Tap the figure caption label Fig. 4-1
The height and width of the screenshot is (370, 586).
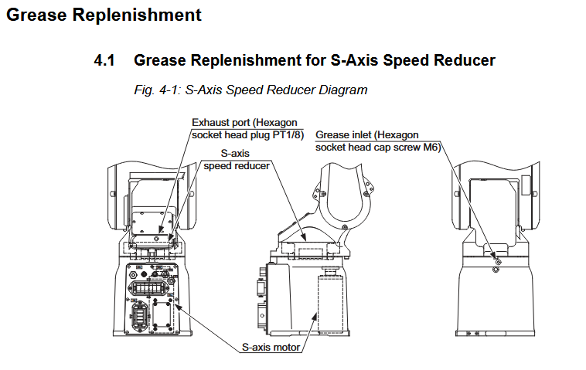(x=157, y=90)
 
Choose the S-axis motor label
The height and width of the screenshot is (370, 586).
(x=271, y=348)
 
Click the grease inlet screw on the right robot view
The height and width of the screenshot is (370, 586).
(x=496, y=263)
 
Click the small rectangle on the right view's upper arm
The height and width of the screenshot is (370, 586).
(x=525, y=185)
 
